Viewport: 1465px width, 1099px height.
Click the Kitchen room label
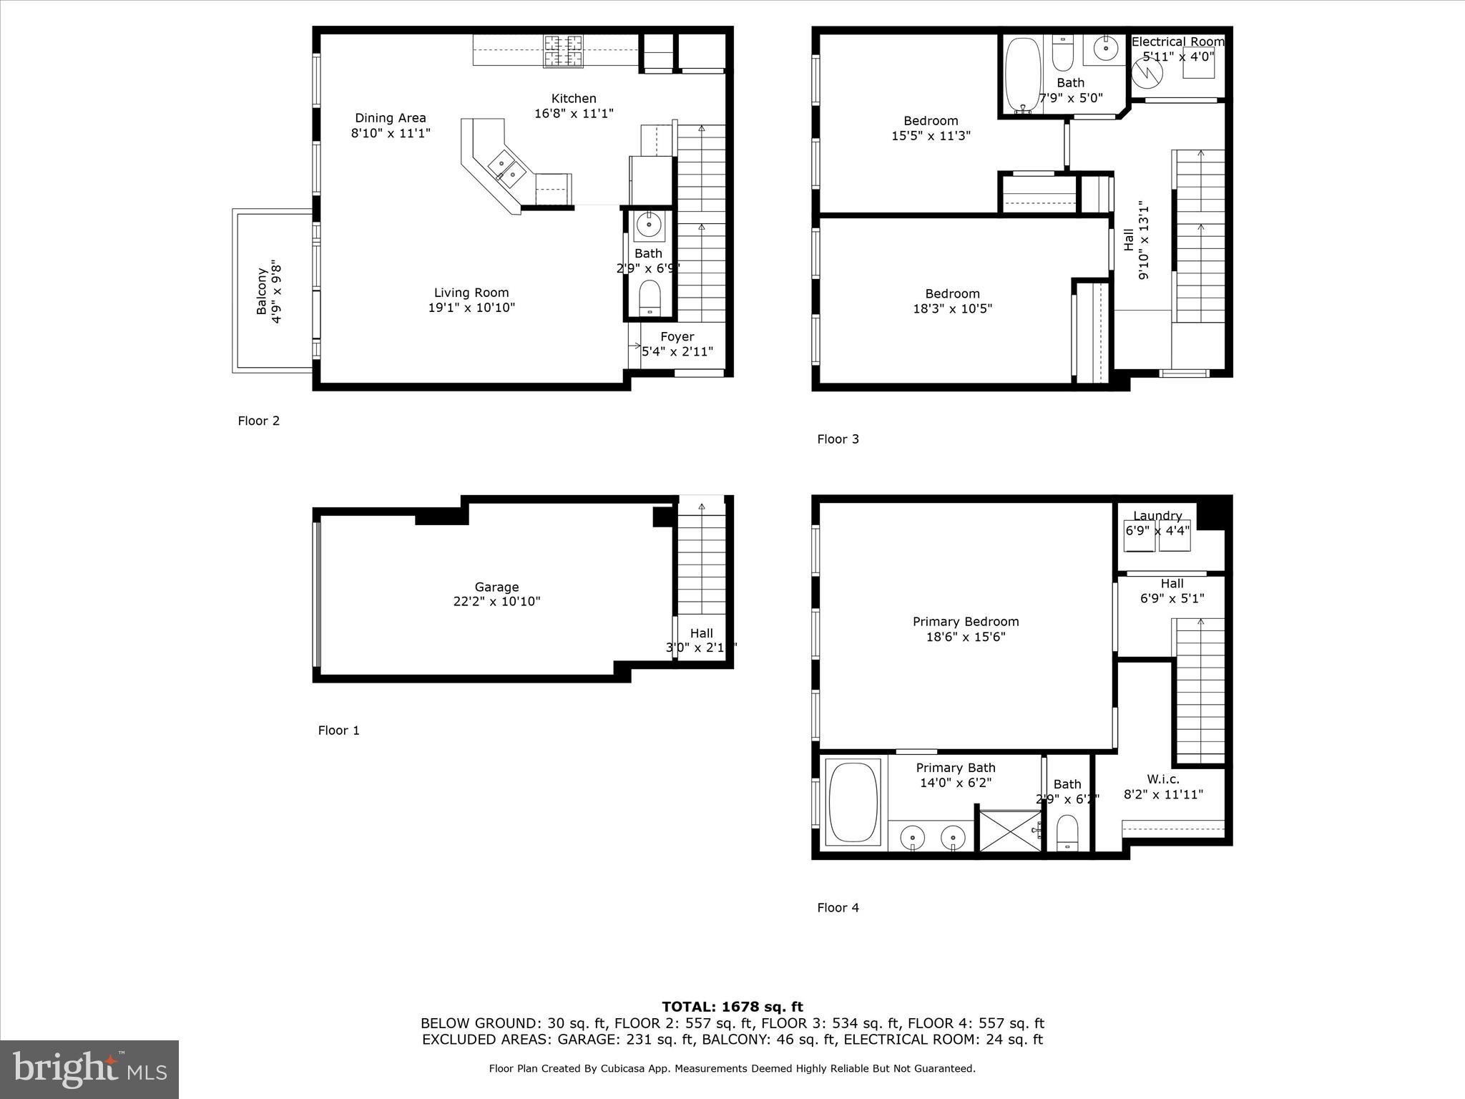(573, 99)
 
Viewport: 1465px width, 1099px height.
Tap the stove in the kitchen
(563, 52)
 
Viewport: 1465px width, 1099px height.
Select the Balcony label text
(262, 291)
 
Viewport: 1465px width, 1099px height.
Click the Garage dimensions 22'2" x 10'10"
(496, 602)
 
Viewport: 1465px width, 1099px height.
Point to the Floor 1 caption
(338, 731)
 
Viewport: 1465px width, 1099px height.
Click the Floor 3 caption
(838, 439)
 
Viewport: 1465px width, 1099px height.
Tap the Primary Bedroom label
(965, 622)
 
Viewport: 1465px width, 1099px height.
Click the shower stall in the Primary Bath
(1009, 831)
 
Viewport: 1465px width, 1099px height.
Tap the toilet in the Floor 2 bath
(650, 296)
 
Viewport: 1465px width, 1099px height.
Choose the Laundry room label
(1157, 516)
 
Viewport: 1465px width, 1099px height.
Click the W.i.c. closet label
(1162, 779)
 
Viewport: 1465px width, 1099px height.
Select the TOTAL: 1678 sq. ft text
(732, 1007)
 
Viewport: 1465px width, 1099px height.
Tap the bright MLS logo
(89, 1070)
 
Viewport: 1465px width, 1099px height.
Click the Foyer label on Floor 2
(677, 337)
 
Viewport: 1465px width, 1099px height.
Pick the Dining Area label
(390, 118)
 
